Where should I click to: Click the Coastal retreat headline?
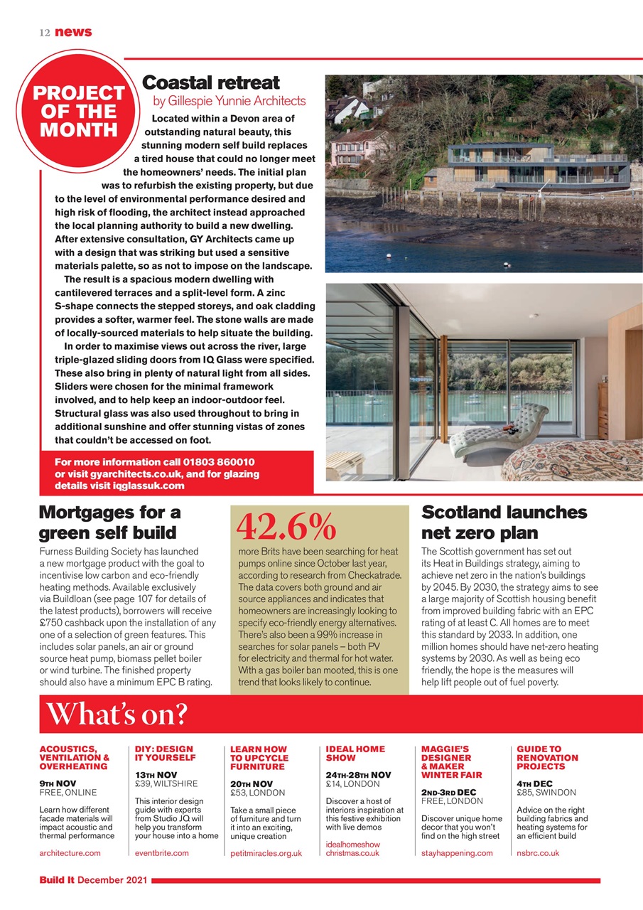click(x=211, y=83)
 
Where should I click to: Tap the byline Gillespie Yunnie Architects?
click(x=229, y=101)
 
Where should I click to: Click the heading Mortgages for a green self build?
click(x=110, y=523)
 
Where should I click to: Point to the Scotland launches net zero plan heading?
click(x=504, y=523)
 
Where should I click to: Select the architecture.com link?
click(x=70, y=852)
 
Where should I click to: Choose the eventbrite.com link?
click(x=162, y=852)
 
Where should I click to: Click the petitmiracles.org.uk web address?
click(x=266, y=853)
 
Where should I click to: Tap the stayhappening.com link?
click(x=457, y=852)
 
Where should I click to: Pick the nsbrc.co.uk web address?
click(x=538, y=852)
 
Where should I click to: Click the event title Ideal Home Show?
click(x=355, y=754)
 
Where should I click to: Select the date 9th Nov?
click(x=63, y=783)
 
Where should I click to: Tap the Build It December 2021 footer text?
click(x=92, y=881)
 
